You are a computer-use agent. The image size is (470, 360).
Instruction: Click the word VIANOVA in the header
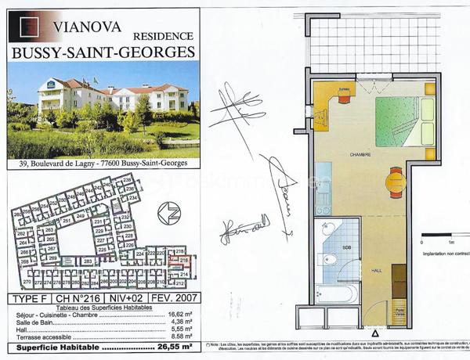(88, 25)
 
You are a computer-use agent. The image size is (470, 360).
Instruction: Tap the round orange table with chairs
(395, 184)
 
